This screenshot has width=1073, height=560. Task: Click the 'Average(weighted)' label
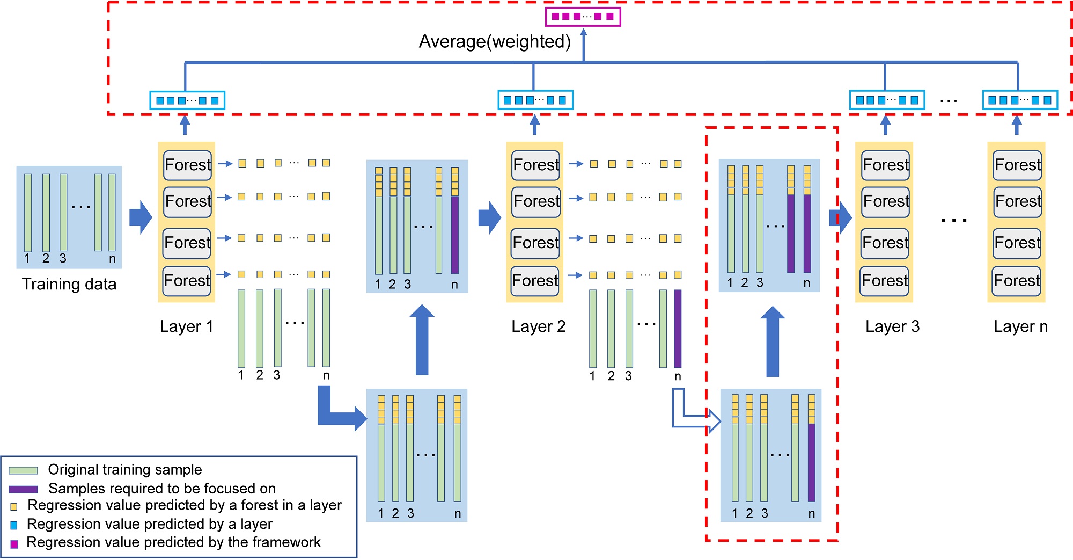[494, 41]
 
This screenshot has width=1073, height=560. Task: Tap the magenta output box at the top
[583, 17]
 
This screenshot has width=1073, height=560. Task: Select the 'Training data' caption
[69, 284]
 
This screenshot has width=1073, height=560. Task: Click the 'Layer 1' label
[186, 326]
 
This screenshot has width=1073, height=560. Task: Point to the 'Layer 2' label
[538, 326]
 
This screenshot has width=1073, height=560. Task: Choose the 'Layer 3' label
[892, 326]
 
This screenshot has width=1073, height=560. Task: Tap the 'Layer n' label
[1020, 326]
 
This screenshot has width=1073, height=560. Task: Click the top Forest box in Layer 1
[188, 165]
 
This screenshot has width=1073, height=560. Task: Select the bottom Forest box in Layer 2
[535, 281]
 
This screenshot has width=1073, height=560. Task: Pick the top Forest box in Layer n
[1017, 165]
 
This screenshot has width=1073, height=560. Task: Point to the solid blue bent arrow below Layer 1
[338, 413]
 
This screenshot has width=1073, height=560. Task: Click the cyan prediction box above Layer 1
[187, 100]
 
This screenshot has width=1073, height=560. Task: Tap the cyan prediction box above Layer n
[1019, 100]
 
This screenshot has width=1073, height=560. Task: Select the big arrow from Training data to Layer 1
[141, 217]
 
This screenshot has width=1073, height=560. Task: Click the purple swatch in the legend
[23, 489]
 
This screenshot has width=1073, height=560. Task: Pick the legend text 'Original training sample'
[124, 470]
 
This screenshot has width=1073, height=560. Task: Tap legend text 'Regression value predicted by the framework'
[173, 543]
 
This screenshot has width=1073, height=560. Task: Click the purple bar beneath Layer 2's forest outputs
[678, 329]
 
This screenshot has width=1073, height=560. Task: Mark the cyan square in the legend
[14, 525]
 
